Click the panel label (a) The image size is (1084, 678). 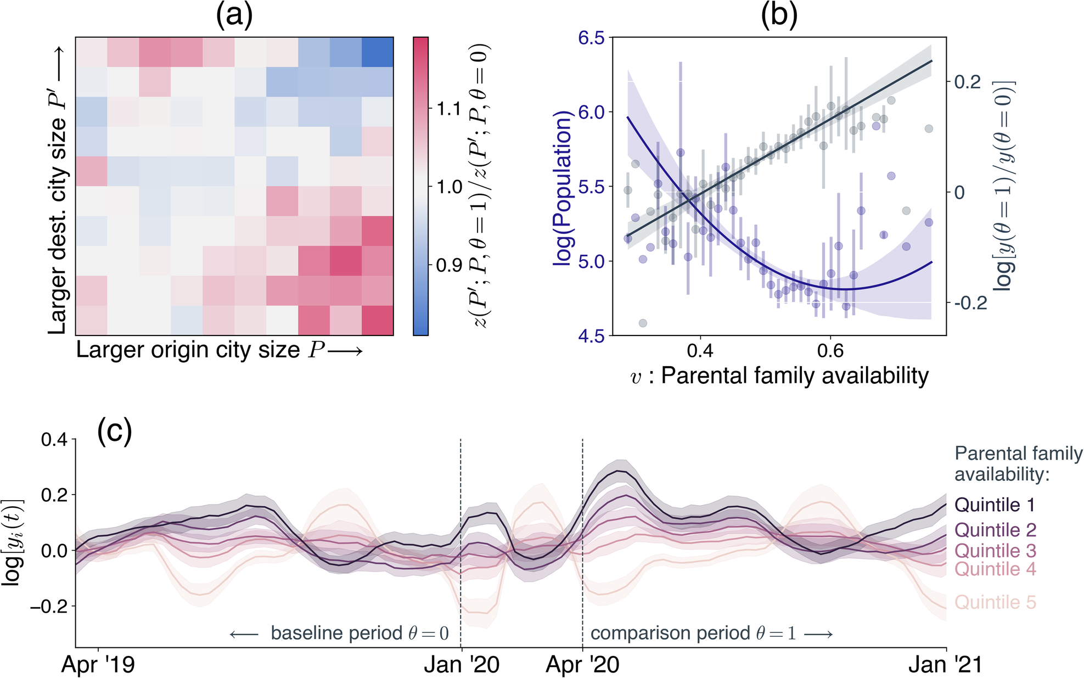pyautogui.click(x=234, y=16)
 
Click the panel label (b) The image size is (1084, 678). pyautogui.click(x=778, y=16)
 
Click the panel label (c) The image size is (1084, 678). pyautogui.click(x=114, y=432)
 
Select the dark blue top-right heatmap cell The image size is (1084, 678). pyautogui.click(x=378, y=52)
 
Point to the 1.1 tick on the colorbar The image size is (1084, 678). pyautogui.click(x=448, y=109)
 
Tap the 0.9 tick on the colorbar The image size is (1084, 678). pyautogui.click(x=448, y=265)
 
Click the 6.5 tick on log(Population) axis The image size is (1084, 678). pyautogui.click(x=591, y=38)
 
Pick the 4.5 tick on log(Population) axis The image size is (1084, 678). pyautogui.click(x=591, y=335)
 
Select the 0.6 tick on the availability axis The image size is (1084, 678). pyautogui.click(x=830, y=350)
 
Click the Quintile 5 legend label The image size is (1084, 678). pyautogui.click(x=995, y=602)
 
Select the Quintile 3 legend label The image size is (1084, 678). pyautogui.click(x=995, y=551)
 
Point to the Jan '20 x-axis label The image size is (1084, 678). pyautogui.click(x=462, y=665)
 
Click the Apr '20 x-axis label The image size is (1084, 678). pyautogui.click(x=582, y=665)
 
